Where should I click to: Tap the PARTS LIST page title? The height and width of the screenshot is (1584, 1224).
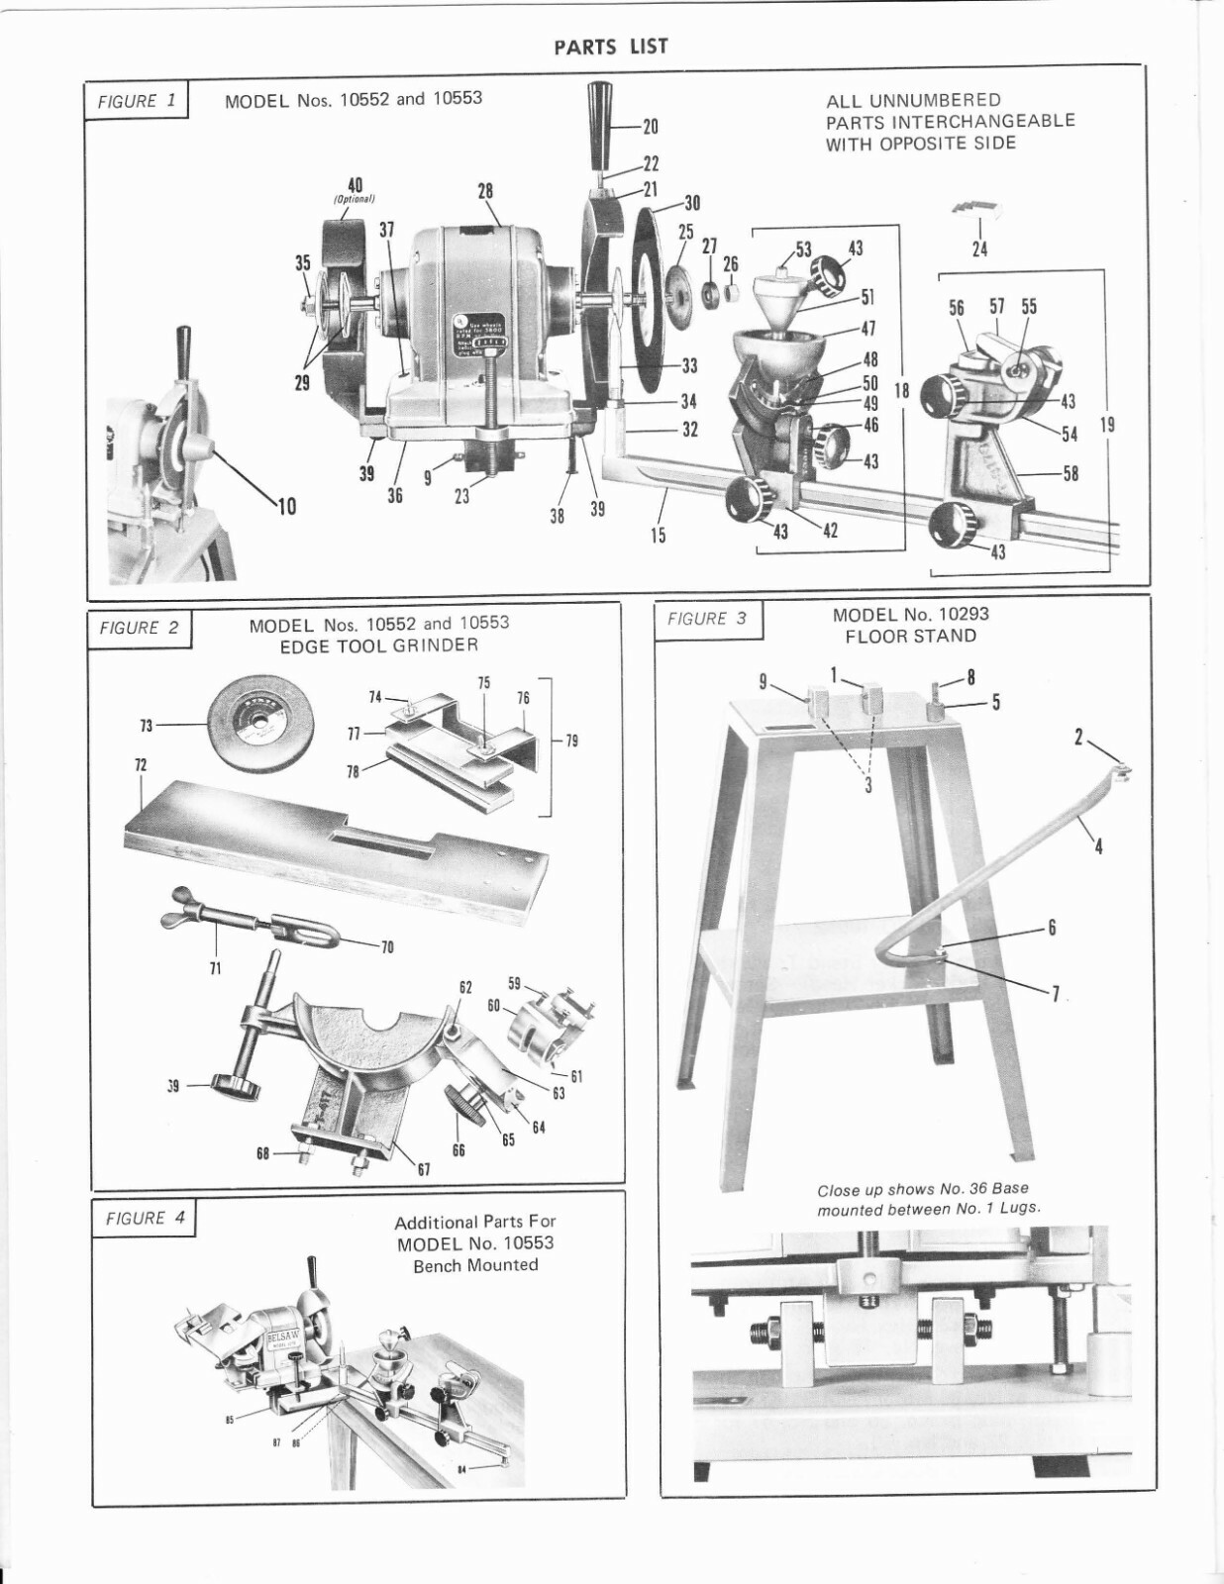[611, 47]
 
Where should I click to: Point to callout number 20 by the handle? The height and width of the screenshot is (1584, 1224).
[650, 127]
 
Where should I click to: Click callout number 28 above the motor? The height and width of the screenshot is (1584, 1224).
[485, 191]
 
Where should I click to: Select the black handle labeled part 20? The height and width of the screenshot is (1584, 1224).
[603, 124]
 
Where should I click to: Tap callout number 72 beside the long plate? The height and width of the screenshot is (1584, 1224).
[140, 766]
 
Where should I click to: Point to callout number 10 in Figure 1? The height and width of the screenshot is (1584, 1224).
[286, 508]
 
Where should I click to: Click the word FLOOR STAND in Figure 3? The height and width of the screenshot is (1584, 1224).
[910, 637]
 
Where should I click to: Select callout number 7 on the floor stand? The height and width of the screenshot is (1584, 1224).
[1056, 995]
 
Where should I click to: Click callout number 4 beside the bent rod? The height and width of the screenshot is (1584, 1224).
[1098, 846]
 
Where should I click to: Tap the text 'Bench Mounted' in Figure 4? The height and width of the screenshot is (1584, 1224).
[475, 1265]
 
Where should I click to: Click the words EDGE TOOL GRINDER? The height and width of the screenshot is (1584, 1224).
[379, 645]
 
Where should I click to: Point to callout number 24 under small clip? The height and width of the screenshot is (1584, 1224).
[978, 249]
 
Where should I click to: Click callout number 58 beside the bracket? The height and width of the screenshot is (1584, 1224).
[1070, 474]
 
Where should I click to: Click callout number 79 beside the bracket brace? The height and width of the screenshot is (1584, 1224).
[571, 741]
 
